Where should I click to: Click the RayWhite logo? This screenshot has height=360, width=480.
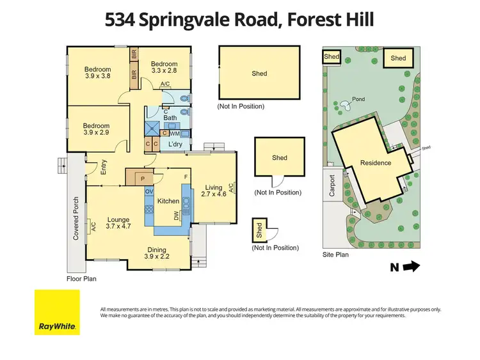[57, 312]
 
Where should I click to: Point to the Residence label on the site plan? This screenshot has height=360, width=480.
[375, 162]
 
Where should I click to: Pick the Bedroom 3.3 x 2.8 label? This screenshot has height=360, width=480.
[163, 67]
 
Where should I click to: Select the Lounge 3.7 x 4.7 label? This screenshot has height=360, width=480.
[118, 222]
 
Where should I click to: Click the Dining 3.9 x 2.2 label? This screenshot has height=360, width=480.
[157, 253]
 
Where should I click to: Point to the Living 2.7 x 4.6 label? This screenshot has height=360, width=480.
[214, 189]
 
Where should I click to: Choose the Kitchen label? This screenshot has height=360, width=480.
[168, 201]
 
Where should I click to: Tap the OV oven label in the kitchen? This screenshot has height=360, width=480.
[148, 192]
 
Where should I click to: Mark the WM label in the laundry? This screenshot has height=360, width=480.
[174, 133]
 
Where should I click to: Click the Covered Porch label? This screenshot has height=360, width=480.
[76, 218]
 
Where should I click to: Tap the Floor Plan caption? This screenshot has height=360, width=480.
[81, 279]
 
